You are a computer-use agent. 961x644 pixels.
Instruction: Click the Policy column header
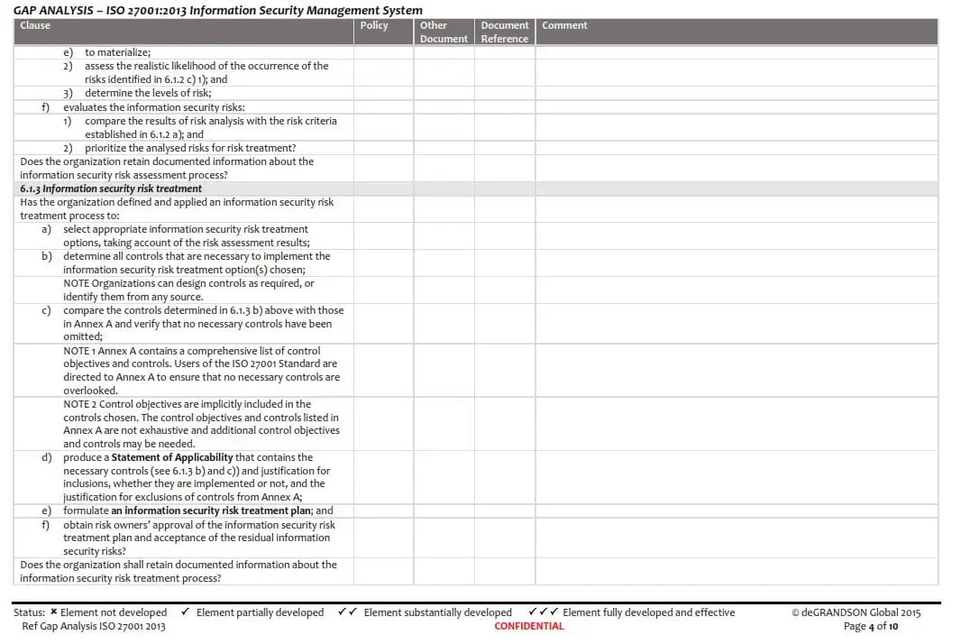[x=373, y=26]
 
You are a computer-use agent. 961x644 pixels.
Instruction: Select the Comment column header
[x=564, y=26]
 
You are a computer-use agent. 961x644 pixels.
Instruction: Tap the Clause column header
[x=35, y=26]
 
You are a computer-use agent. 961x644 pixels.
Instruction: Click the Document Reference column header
[x=504, y=32]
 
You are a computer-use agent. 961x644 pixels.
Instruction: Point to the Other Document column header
[x=444, y=32]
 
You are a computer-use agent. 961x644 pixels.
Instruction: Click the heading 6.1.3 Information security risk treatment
[x=111, y=189]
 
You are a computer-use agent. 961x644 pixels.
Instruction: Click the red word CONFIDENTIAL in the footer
[x=529, y=626]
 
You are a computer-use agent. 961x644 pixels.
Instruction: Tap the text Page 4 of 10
[x=871, y=626]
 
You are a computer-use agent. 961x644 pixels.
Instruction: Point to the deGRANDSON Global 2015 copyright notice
[x=856, y=612]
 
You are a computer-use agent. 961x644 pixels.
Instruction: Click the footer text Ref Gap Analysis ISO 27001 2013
[x=94, y=626]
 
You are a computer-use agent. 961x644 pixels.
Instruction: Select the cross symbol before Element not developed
[x=54, y=612]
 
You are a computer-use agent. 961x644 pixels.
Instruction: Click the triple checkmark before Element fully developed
[x=543, y=612]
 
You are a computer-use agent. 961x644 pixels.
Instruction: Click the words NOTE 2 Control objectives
[x=123, y=404]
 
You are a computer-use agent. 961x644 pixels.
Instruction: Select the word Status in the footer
[x=29, y=612]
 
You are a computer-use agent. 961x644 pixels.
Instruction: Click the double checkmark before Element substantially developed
[x=347, y=612]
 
